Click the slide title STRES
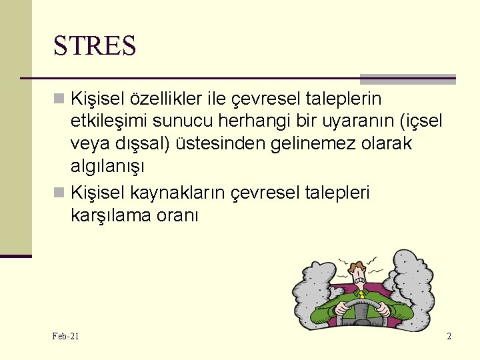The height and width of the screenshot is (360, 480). coord(95,46)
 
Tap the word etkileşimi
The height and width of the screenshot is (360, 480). coord(109,121)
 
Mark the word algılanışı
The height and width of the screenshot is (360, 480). coord(108,165)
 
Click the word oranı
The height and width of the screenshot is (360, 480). coord(180,215)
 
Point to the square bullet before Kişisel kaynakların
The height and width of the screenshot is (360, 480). coord(59,193)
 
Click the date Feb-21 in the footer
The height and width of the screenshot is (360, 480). coord(65,336)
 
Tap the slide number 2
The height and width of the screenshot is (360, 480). coord(449,336)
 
